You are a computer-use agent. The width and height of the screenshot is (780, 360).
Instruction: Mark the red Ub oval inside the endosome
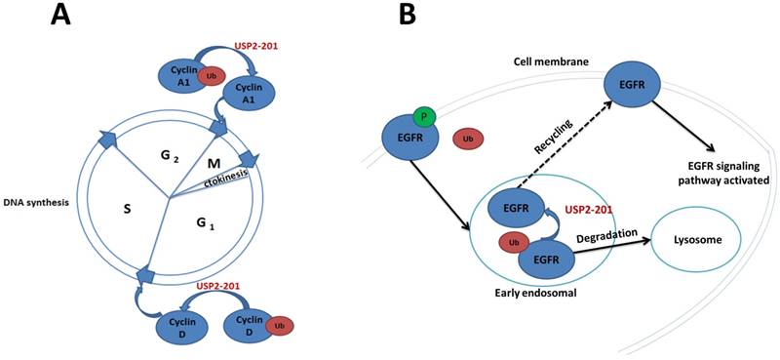click(x=512, y=242)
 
